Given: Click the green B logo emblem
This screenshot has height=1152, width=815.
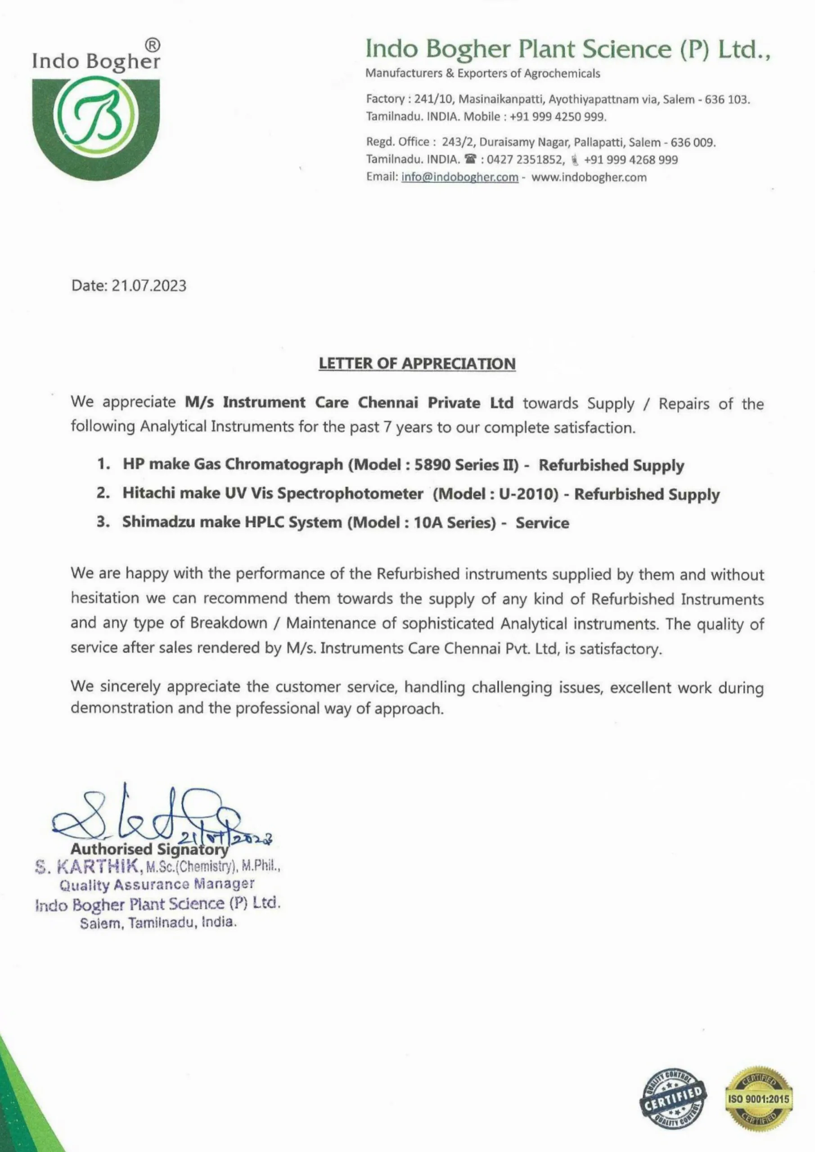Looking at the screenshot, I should click(x=96, y=117).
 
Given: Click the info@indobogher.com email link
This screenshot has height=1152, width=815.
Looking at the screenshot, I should click(x=459, y=177).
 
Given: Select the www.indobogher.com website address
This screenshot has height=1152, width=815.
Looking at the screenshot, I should click(x=589, y=177).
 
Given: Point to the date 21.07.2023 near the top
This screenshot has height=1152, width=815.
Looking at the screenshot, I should click(x=149, y=286).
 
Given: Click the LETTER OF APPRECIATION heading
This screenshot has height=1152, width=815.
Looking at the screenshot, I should click(x=417, y=363).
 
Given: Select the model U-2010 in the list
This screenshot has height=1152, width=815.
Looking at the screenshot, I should click(x=528, y=494).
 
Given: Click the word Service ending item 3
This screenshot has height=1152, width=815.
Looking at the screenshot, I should click(x=542, y=523).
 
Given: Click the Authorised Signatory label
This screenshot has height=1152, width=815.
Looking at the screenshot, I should click(x=149, y=849).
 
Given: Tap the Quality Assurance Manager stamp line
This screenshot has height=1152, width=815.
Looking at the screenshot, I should click(x=157, y=885).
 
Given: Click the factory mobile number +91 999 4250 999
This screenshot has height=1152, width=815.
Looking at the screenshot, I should click(x=558, y=117).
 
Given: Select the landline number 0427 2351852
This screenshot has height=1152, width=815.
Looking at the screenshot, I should click(x=526, y=160).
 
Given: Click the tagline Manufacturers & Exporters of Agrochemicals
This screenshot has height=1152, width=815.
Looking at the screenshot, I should click(x=482, y=73).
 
